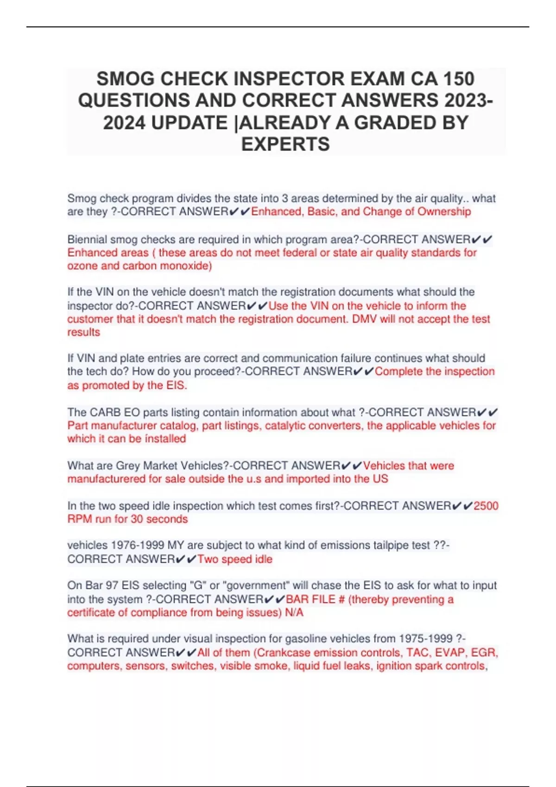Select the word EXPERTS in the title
[x=285, y=144]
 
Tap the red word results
[x=83, y=332]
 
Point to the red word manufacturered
[x=107, y=479]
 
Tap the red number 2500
[x=486, y=506]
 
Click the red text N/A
[x=294, y=612]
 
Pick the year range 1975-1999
[x=425, y=638]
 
